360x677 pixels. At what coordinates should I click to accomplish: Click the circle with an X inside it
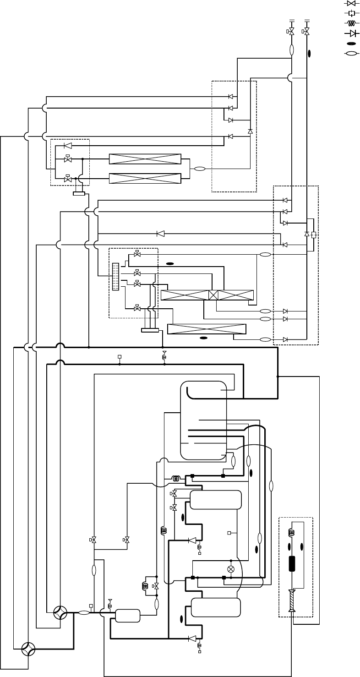point(231,569)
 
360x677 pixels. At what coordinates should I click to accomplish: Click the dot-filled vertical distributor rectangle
point(115,276)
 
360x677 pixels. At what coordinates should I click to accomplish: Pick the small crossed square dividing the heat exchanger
point(213,295)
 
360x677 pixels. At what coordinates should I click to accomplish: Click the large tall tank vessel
point(204,420)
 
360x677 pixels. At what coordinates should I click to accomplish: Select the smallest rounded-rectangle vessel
point(127,616)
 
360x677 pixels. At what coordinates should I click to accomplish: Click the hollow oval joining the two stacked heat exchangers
point(200,169)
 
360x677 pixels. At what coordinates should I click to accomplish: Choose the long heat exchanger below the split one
point(207,329)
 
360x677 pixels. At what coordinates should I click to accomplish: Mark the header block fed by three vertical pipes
point(150,330)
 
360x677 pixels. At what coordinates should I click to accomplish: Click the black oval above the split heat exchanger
point(170,263)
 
